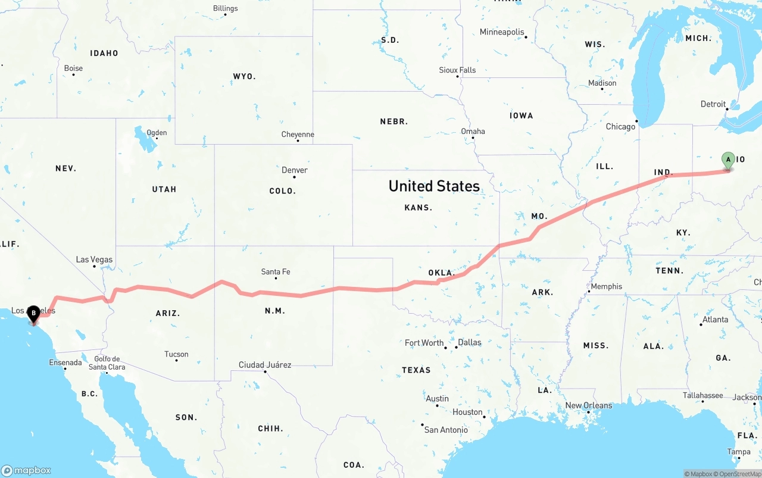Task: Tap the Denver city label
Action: [295, 170]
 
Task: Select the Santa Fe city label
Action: [276, 272]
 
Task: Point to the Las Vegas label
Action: [94, 260]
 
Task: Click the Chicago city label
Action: [620, 127]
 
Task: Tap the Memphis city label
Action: [606, 286]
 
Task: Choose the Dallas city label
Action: [470, 342]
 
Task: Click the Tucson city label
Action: [176, 354]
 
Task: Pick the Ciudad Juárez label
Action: [265, 365]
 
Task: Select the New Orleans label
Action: [588, 405]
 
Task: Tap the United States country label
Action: [434, 186]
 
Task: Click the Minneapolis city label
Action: [502, 32]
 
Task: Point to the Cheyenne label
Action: [298, 135]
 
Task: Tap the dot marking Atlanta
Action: [701, 324]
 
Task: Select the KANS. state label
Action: [418, 208]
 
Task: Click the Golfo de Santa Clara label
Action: [107, 363]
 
